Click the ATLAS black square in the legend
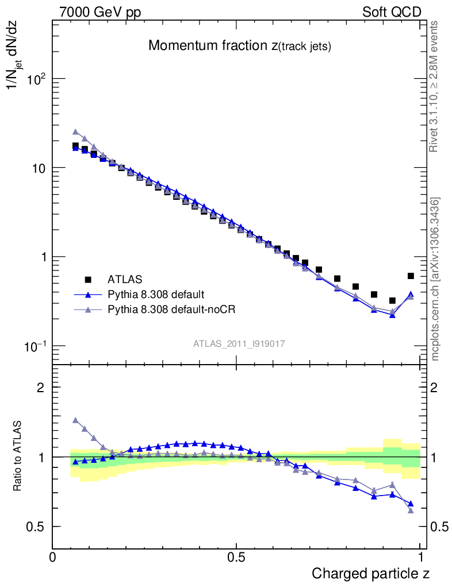coord(89,280)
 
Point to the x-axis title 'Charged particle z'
coord(370,573)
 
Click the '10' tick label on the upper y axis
coord(39,168)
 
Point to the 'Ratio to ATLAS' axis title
coord(18,457)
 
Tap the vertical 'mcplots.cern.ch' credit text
coord(435,279)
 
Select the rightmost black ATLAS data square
coord(411,276)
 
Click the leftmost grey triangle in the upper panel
coord(75,132)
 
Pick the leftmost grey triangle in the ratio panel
coord(75,420)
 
